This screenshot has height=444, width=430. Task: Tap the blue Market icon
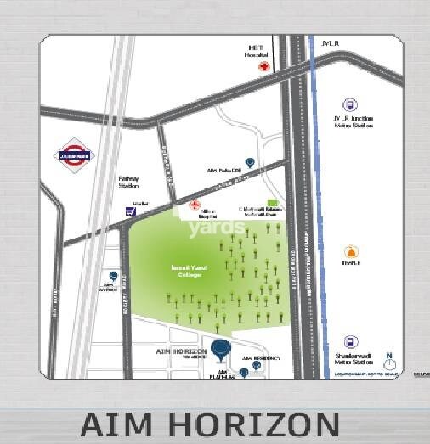129,211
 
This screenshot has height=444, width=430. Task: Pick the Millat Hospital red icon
194,205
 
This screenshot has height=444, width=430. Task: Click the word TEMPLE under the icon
351,264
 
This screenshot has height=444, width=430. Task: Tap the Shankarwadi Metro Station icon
349,341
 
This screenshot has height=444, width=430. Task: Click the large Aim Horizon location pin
221,348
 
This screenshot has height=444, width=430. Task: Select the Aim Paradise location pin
249,161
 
